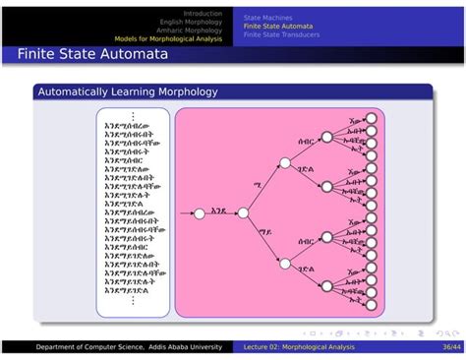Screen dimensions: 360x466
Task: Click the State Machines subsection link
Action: coord(267,18)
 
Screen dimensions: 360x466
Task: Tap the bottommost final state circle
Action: coord(373,304)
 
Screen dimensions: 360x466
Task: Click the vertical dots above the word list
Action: coord(132,116)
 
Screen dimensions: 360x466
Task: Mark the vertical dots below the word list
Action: coord(132,300)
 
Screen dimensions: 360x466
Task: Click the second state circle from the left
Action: coord(242,211)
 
